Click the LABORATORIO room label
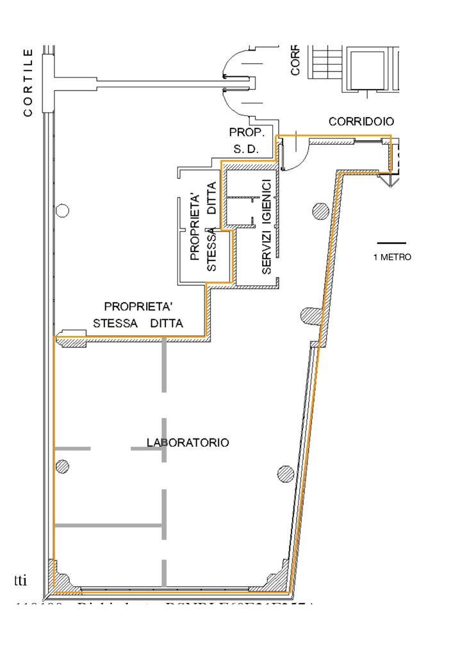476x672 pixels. (188, 442)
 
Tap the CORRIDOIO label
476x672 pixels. (361, 121)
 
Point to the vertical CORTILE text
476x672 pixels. (28, 83)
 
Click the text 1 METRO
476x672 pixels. (391, 258)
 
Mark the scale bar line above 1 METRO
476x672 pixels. (391, 243)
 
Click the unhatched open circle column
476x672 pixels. (62, 210)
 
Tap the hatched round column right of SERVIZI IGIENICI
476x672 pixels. (320, 210)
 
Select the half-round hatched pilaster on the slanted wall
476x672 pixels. (311, 315)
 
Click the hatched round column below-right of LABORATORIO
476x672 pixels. (286, 474)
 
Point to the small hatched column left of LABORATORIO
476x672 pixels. (62, 466)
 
